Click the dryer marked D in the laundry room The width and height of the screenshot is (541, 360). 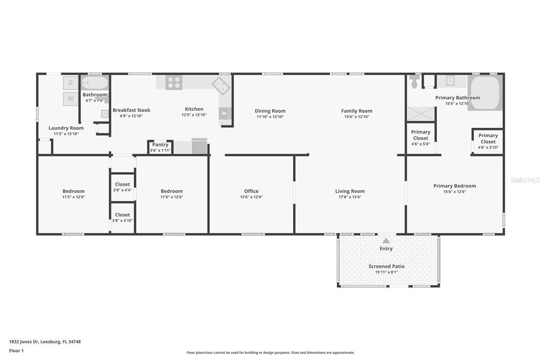(x=71, y=82)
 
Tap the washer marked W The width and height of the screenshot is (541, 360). (x=71, y=98)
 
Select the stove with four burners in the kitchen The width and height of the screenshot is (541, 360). (x=174, y=82)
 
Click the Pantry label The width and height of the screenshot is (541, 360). (x=160, y=145)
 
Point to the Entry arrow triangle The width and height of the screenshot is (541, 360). (x=386, y=241)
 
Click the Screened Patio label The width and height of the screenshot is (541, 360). (x=386, y=267)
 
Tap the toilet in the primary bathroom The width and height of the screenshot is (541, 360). (x=414, y=82)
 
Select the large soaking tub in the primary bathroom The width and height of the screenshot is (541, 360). (x=485, y=93)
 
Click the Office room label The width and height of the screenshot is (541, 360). (x=251, y=191)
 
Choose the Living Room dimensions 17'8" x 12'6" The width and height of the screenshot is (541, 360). (x=350, y=197)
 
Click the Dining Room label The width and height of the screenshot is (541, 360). (x=270, y=111)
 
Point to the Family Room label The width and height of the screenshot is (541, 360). (x=357, y=111)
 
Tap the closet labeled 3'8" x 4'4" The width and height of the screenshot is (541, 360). (x=123, y=187)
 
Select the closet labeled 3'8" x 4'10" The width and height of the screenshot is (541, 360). (x=123, y=217)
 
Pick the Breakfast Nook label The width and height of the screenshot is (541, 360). (x=132, y=110)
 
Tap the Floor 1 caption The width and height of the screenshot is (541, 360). (x=17, y=350)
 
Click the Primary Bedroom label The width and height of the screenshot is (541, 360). (x=454, y=186)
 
